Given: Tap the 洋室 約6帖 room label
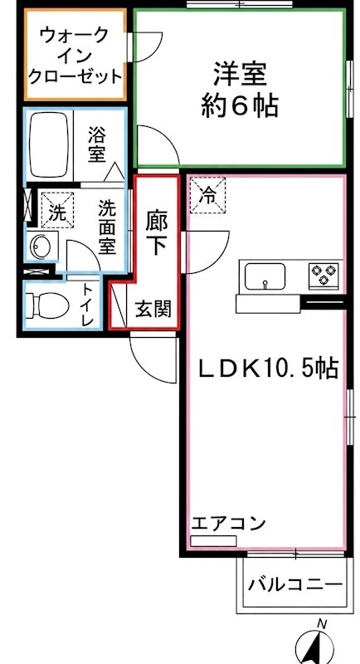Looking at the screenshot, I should click(239, 90).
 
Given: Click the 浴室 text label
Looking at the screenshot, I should click(98, 144).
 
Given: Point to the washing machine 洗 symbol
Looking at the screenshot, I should click(56, 211).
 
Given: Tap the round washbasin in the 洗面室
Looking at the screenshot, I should click(40, 246).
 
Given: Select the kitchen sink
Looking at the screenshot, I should click(264, 275).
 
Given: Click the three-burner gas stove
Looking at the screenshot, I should click(324, 272).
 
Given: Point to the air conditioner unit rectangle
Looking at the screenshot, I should click(213, 541).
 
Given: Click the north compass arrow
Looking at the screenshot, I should click(319, 644).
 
